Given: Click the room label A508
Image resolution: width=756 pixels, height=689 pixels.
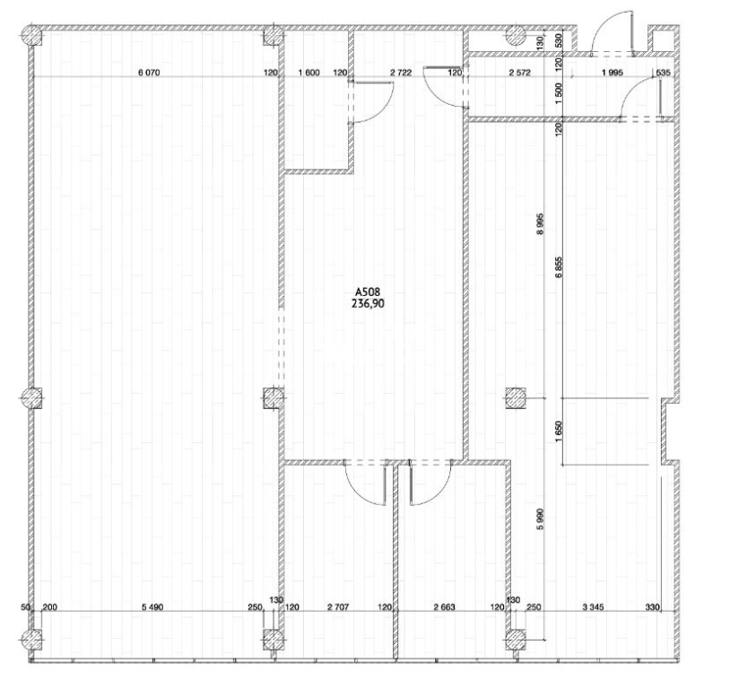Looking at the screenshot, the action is pos(368,292).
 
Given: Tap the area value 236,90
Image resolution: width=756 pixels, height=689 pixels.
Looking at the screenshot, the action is pos(369,303).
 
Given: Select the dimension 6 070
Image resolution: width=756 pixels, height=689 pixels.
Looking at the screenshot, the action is pos(149,73).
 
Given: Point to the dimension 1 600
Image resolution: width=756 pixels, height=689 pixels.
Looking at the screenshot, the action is pos(309,73).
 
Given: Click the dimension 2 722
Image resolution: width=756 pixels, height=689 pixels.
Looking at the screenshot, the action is pos(401,73).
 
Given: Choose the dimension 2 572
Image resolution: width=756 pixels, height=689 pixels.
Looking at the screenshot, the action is pos(520,73).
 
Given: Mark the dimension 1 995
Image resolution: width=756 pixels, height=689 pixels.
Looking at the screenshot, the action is pos(613,73).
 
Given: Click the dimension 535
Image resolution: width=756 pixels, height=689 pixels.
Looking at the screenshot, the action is pos(664,73).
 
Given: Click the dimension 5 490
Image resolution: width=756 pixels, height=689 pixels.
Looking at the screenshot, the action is pos(152,607).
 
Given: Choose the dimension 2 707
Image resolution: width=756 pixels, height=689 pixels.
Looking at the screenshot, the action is pos(337,607).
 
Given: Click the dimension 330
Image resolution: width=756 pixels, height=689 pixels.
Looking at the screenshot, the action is pos(652,607).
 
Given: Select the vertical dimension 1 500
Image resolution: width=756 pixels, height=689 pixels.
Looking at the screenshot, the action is pos(559,91).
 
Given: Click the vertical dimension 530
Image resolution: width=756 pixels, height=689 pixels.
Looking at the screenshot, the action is pos(559,40).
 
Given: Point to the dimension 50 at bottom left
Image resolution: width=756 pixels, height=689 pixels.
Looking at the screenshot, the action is pos(27,607).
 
